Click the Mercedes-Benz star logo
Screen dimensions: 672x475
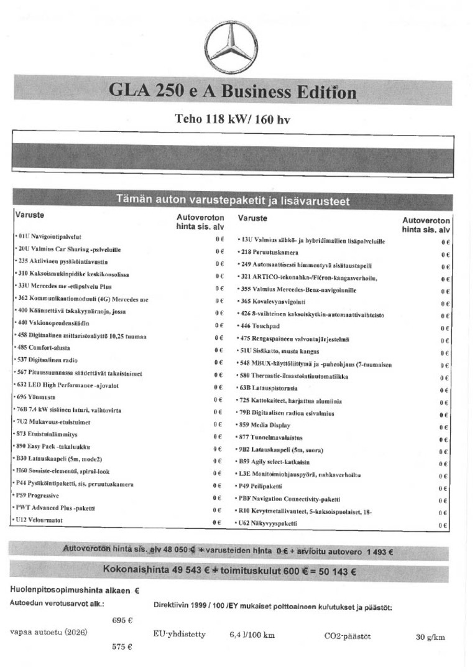point(231,49)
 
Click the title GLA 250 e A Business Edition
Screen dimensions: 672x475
point(233,91)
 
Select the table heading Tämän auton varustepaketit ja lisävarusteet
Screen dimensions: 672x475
point(233,200)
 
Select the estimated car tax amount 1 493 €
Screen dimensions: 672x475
point(379,552)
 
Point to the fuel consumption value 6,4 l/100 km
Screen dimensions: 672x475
point(252,636)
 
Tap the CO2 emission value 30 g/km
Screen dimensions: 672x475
point(430,637)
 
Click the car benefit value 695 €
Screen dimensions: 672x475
point(122,620)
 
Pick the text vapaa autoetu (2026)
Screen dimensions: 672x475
point(48,633)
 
